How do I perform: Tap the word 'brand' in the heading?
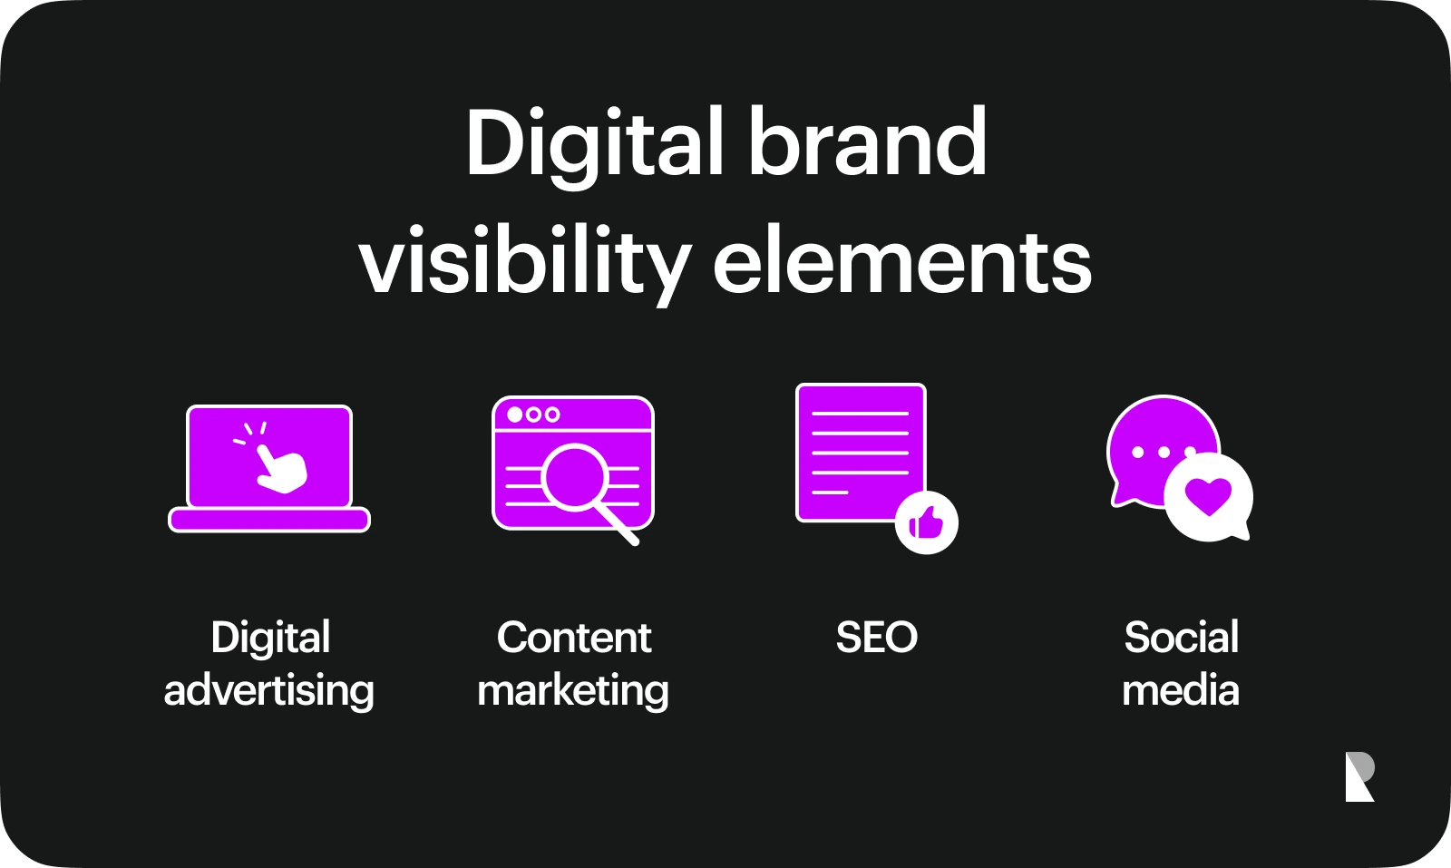[868, 141]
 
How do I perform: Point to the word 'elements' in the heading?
[902, 259]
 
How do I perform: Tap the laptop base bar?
[269, 520]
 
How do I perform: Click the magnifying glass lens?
[575, 477]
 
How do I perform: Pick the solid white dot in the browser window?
[515, 414]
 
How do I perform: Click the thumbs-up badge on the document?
[926, 522]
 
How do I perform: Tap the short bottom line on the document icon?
[830, 493]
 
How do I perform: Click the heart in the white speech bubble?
[1208, 497]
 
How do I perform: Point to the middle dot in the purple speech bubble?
[1164, 452]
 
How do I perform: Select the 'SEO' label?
[877, 638]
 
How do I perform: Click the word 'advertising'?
[269, 691]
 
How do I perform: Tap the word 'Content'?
[574, 638]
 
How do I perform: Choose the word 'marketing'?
[573, 691]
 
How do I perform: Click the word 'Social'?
[1182, 638]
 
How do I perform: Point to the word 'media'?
[1181, 690]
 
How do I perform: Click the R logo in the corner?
[1359, 776]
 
